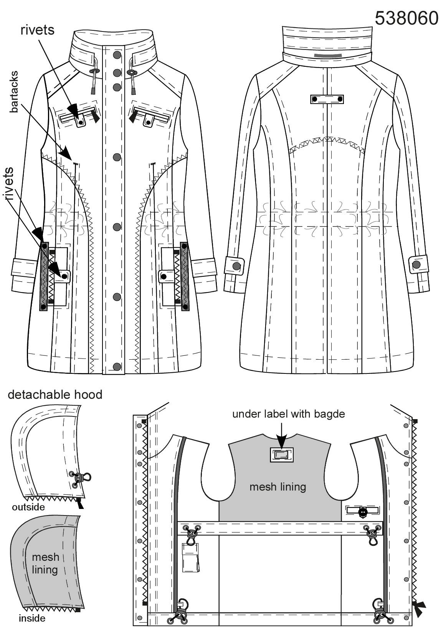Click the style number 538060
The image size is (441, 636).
[x=406, y=19]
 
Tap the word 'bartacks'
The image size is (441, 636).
[x=14, y=92]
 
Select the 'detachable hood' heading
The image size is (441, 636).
[x=55, y=395]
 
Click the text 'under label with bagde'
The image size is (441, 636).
[x=289, y=414]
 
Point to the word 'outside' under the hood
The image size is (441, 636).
[x=28, y=507]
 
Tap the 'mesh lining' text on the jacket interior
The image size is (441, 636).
[x=278, y=487]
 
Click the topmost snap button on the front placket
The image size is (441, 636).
[x=117, y=55]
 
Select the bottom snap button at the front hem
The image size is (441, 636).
[x=117, y=367]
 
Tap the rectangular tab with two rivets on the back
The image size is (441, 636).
[x=327, y=99]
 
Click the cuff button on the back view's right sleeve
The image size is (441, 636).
[x=416, y=264]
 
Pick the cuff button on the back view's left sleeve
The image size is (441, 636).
[x=236, y=266]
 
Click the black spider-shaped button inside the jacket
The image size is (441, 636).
[x=363, y=511]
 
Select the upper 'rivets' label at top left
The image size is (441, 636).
[x=38, y=30]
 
